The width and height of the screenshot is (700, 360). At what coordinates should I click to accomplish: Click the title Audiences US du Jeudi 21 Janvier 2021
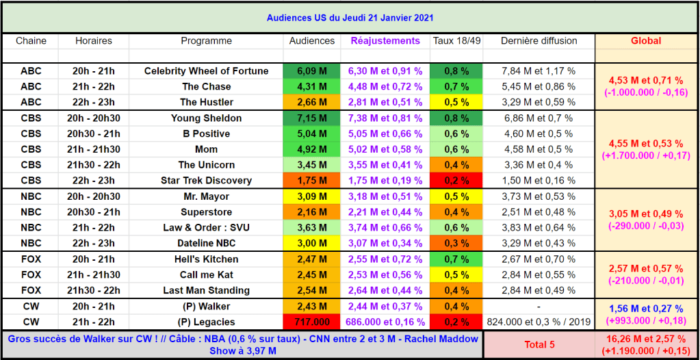click(350, 18)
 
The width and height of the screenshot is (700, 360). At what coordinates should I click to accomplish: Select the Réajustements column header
click(385, 41)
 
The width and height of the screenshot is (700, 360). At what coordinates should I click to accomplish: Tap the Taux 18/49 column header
click(456, 41)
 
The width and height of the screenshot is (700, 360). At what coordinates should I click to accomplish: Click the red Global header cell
click(646, 41)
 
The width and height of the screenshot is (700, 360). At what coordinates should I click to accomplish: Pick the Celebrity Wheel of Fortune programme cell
click(206, 71)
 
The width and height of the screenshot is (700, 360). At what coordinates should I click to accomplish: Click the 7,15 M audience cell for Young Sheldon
click(312, 118)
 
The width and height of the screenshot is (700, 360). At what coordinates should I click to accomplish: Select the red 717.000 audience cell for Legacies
click(312, 322)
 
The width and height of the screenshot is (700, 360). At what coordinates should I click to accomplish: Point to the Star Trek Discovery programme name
click(206, 181)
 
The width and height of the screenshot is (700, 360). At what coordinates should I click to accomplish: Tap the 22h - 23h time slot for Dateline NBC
click(94, 244)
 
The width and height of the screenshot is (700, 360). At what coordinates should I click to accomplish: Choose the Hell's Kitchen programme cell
click(206, 259)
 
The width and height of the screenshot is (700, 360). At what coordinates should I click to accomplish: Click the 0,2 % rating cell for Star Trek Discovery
click(456, 181)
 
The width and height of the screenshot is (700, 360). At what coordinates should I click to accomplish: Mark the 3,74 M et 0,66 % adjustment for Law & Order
click(385, 228)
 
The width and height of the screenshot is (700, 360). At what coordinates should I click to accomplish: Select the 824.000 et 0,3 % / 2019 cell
click(539, 322)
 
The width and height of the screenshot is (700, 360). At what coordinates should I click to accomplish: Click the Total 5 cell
click(539, 345)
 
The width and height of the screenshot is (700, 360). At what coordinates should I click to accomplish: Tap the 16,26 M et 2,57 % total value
click(646, 338)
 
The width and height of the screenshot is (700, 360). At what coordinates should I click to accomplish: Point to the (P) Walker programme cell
click(206, 307)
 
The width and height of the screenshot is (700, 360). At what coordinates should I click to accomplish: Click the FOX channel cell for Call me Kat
click(31, 275)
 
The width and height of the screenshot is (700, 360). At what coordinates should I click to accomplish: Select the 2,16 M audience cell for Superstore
click(312, 212)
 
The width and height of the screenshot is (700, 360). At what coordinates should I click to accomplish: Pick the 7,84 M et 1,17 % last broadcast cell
click(539, 71)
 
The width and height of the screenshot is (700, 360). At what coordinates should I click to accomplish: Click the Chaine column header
click(31, 41)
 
